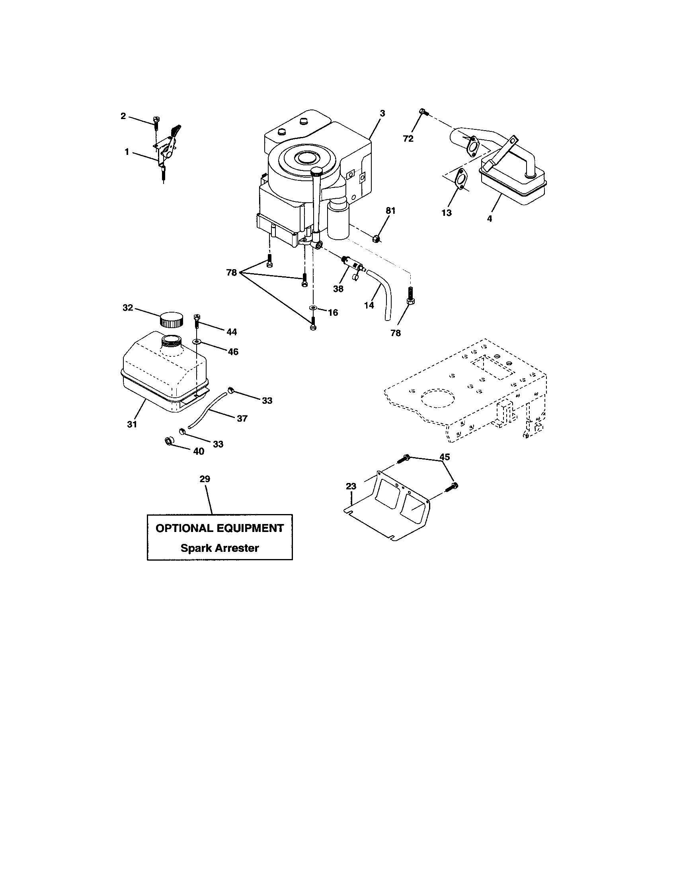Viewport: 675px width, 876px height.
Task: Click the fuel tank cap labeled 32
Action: pyautogui.click(x=171, y=320)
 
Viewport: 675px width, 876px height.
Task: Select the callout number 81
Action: pyautogui.click(x=390, y=211)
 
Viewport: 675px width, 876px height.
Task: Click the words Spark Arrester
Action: pyautogui.click(x=220, y=548)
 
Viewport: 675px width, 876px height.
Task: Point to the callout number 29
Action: pyautogui.click(x=205, y=479)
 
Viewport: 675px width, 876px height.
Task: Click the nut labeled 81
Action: pyautogui.click(x=376, y=238)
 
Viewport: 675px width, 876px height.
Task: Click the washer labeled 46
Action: pyautogui.click(x=197, y=341)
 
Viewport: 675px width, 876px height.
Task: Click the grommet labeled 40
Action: pyautogui.click(x=170, y=442)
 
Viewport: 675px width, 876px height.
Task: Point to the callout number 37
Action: pyautogui.click(x=242, y=418)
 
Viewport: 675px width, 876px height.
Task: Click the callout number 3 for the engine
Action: pyautogui.click(x=382, y=113)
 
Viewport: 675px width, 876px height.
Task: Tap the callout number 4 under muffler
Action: pyautogui.click(x=490, y=219)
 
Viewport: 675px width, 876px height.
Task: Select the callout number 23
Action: pyautogui.click(x=351, y=487)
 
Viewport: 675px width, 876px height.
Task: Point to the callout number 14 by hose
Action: pyautogui.click(x=369, y=305)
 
